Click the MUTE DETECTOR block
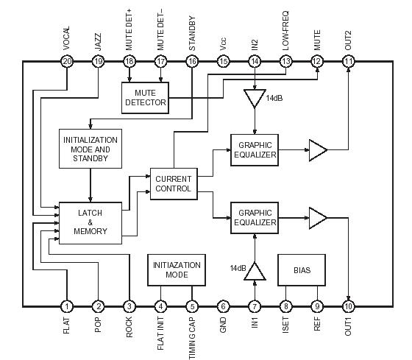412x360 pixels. point(145,97)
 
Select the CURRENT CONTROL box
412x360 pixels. point(174,183)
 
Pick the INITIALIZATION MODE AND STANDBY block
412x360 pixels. point(90,149)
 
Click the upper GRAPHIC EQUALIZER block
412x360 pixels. point(255,149)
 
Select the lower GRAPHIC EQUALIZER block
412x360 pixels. point(255,217)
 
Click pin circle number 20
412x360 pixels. point(67,62)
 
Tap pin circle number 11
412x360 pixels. point(348,62)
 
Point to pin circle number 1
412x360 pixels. point(67,306)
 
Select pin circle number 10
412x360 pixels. point(348,306)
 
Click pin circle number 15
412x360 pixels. point(224,62)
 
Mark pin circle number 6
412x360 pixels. point(224,306)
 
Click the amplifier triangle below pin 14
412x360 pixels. point(255,96)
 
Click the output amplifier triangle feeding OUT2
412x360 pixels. point(317,152)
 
